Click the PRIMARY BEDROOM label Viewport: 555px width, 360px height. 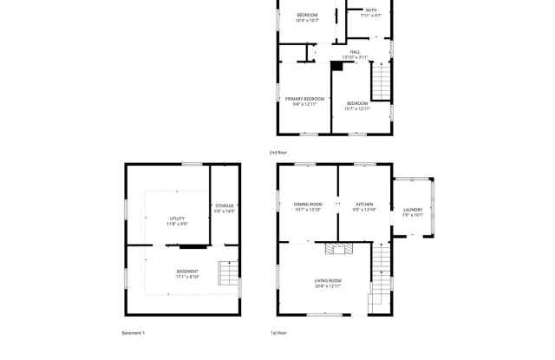[305, 99]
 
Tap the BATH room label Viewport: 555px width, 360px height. [370, 10]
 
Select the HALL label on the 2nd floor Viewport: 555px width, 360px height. [355, 52]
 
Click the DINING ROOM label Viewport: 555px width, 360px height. [307, 205]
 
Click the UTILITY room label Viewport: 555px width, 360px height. [177, 219]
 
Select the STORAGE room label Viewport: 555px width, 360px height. [224, 206]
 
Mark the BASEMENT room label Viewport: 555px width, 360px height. [187, 271]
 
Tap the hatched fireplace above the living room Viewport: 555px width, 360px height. [336, 249]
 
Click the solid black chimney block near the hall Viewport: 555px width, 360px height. [336, 65]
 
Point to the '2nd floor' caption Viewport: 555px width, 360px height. [277, 152]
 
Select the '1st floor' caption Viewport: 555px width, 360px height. [277, 332]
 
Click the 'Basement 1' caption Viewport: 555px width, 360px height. [133, 332]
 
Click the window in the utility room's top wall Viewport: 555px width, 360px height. [192, 164]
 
